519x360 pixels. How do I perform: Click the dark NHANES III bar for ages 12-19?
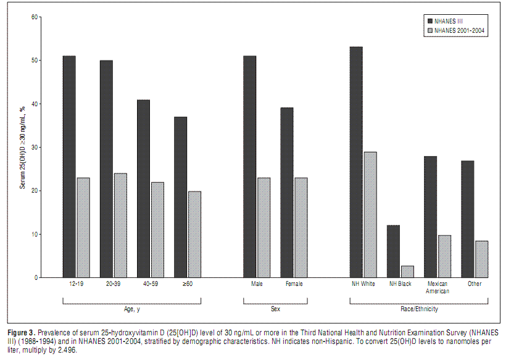coord(69,167)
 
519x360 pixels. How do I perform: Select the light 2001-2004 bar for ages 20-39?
coord(120,225)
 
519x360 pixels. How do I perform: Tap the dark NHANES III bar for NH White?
coord(356,162)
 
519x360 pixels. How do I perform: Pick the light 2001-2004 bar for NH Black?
coord(407,272)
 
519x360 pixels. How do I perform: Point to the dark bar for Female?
coord(287,193)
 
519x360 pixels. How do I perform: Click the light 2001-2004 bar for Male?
coord(264,228)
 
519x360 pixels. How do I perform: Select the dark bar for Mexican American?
coord(430,217)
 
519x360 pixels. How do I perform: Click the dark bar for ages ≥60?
coord(180,197)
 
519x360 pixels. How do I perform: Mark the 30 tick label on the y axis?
coord(34,148)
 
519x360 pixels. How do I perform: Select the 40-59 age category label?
coord(143,284)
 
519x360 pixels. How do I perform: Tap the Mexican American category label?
coord(438,287)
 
